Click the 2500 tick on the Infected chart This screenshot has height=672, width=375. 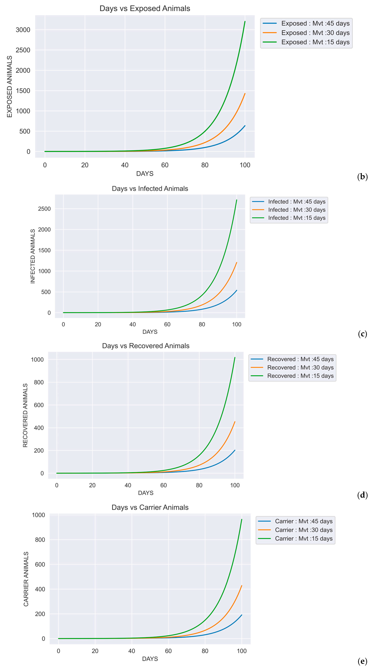tap(44, 209)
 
